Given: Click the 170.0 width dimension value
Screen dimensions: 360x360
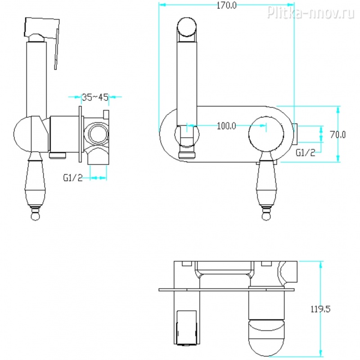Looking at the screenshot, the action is click(x=226, y=5).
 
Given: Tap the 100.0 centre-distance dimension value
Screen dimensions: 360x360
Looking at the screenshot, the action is click(x=226, y=126).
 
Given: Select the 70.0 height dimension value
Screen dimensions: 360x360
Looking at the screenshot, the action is click(x=337, y=135).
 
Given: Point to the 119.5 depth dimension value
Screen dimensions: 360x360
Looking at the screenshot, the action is click(x=320, y=309).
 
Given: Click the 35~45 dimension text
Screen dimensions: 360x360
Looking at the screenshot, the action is click(x=95, y=97).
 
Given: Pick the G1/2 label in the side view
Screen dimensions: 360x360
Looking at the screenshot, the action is click(x=73, y=178).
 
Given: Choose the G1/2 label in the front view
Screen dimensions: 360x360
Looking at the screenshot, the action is click(x=306, y=153).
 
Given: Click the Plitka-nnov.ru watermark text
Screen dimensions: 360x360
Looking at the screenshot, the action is click(x=310, y=12).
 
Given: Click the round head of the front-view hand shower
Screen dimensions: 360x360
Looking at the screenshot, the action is click(x=187, y=27).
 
